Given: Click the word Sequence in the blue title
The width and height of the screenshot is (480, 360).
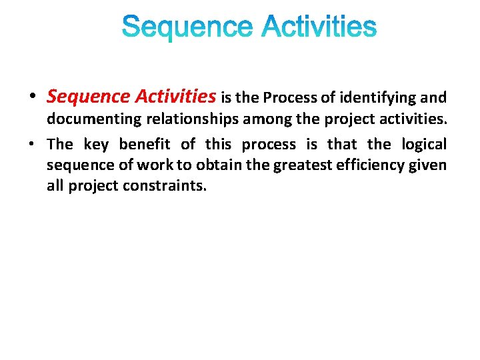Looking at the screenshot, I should tap(187, 28).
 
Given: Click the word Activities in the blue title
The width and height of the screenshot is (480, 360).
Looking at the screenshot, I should tap(319, 28).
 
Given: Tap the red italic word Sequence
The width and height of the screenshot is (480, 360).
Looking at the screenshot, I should tap(88, 97).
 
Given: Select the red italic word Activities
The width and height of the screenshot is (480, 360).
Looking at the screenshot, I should tap(175, 97).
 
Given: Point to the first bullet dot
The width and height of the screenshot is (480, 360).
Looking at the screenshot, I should tap(33, 98).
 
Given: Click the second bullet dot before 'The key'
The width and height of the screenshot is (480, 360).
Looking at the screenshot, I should tap(33, 145).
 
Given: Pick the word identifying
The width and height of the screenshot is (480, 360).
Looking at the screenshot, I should tap(378, 99).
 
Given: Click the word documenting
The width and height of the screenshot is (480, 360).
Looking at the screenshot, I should tap(91, 121).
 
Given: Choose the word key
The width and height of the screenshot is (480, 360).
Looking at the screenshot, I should tap(96, 144).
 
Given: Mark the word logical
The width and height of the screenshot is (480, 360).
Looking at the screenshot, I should tap(424, 144).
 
